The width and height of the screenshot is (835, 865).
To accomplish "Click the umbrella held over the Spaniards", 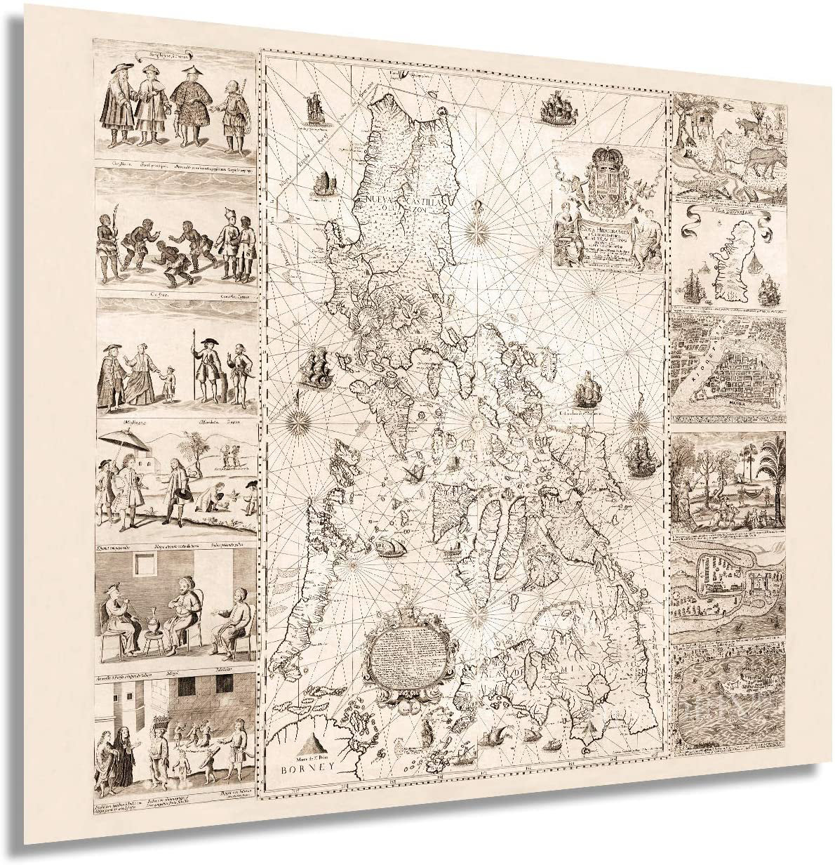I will coord(125,442).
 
